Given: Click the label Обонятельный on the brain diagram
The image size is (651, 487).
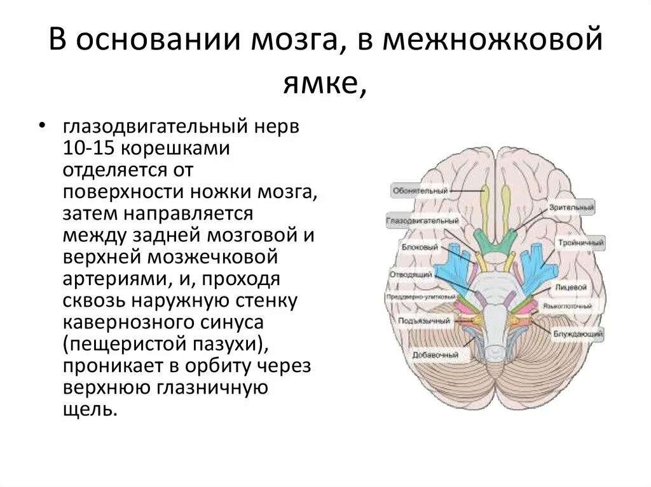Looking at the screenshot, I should coord(420,190).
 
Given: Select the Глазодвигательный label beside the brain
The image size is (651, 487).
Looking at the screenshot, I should coord(422,220).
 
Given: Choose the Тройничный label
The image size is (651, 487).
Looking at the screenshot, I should coord(581,243).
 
